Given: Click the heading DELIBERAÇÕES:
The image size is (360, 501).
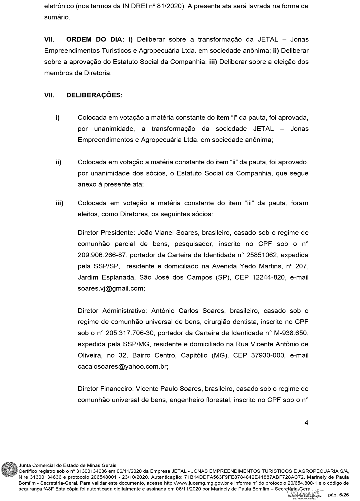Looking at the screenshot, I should [94, 95].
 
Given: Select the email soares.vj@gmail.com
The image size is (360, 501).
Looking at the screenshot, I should [111, 288].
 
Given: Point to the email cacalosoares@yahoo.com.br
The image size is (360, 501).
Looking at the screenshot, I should [123, 366].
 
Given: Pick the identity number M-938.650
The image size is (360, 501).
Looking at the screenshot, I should [290, 333].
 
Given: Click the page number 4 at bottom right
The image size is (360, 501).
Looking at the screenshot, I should [306, 423].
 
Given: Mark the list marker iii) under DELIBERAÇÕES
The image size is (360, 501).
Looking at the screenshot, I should [59, 203].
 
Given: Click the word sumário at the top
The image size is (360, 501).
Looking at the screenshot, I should [57, 17].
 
